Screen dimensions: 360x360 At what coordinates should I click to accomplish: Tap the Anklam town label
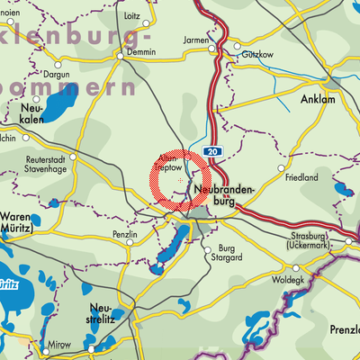[x=319, y=99]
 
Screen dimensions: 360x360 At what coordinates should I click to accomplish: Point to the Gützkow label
[x=256, y=55]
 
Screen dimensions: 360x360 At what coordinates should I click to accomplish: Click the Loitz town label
[x=131, y=16]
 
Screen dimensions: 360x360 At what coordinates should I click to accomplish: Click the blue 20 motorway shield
[x=210, y=152]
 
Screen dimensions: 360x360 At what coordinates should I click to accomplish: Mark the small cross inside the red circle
[x=181, y=181]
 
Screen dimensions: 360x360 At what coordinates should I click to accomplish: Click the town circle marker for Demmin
[x=121, y=56]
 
